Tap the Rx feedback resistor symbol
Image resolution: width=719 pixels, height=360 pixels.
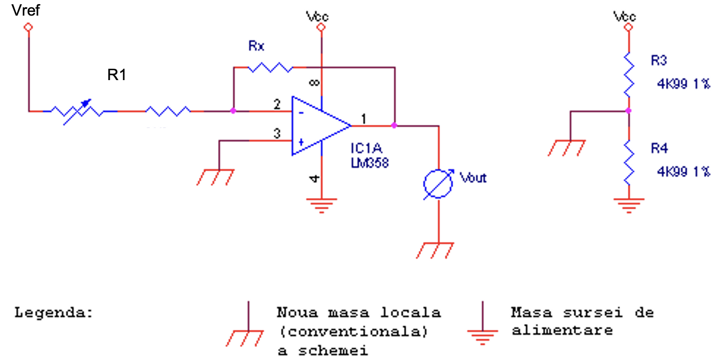pyautogui.click(x=269, y=67)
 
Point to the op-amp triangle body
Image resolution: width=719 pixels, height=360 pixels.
pyautogui.click(x=315, y=125)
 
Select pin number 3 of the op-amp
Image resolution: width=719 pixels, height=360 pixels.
pyautogui.click(x=277, y=133)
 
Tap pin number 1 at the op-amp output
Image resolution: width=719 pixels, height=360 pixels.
pyautogui.click(x=364, y=119)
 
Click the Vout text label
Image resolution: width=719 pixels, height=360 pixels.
pyautogui.click(x=473, y=178)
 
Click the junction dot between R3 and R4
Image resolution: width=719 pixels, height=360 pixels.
pyautogui.click(x=628, y=111)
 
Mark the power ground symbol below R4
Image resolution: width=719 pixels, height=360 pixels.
pyautogui.click(x=628, y=204)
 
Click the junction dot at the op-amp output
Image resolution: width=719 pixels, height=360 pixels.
pyautogui.click(x=394, y=125)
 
